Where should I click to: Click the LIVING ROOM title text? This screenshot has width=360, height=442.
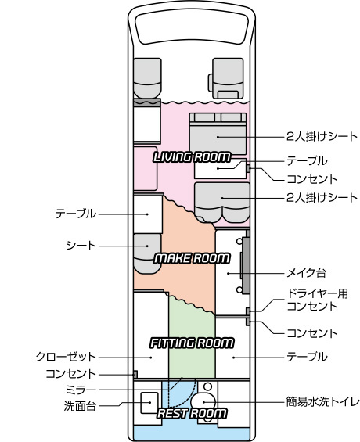(192, 157)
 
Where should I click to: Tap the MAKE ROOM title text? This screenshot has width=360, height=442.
(192, 258)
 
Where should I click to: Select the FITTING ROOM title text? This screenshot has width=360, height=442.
(192, 343)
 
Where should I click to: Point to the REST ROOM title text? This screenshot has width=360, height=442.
(192, 413)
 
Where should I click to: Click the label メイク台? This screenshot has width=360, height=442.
(306, 273)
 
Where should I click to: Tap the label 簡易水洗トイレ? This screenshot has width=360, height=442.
(322, 401)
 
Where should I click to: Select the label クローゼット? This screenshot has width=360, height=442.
(66, 357)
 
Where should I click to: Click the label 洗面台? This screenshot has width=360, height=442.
(80, 406)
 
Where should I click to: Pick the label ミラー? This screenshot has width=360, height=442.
(81, 390)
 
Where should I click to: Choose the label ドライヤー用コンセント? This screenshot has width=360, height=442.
(317, 300)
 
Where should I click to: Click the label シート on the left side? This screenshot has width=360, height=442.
(81, 246)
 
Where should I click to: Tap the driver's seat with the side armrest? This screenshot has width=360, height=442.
(226, 78)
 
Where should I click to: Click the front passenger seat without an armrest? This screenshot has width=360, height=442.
(147, 78)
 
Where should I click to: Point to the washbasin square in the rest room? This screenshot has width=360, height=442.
(149, 403)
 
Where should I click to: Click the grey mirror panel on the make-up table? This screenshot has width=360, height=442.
(246, 265)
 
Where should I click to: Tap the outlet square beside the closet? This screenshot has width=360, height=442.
(135, 375)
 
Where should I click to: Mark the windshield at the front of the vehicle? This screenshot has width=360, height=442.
(192, 27)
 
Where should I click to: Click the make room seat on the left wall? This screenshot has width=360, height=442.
(147, 253)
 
